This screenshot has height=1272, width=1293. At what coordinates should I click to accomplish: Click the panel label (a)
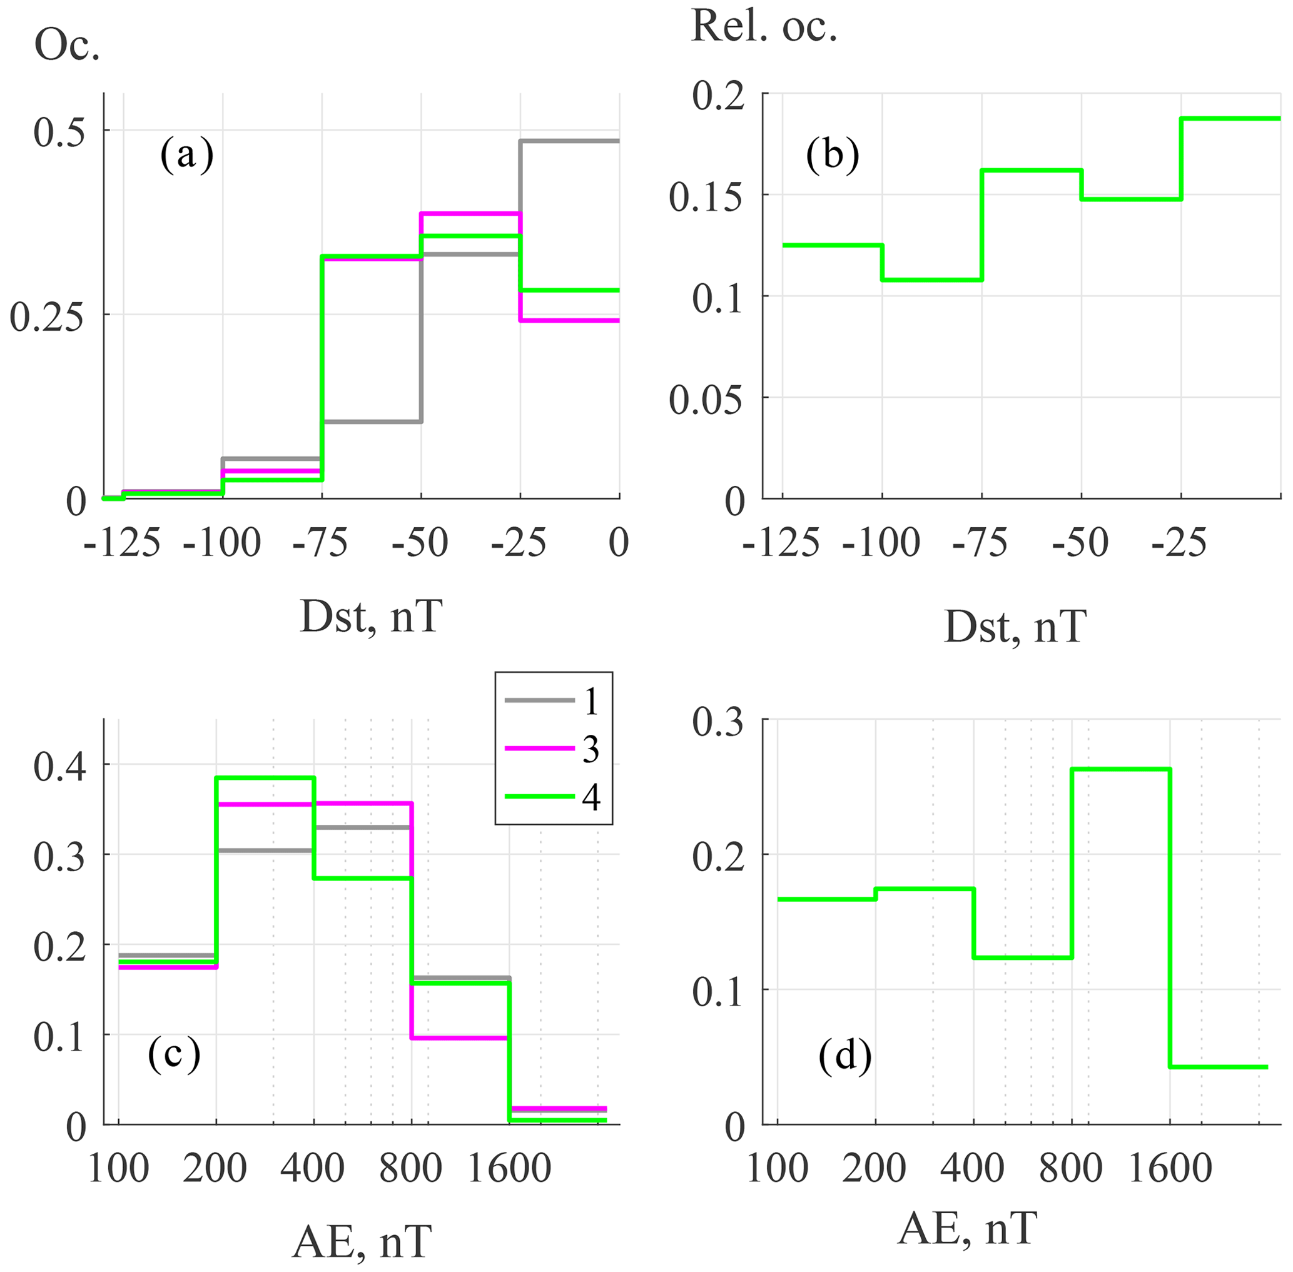coord(186,155)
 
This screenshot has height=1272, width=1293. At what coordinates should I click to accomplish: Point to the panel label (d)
coord(844,1056)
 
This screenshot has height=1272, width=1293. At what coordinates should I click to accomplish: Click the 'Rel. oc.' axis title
coord(764,28)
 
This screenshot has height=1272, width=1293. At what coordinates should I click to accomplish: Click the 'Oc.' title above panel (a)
coord(67,47)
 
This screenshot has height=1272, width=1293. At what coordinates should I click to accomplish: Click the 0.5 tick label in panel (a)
coord(60,131)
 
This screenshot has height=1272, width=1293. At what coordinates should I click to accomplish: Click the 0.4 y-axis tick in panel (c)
coord(60,766)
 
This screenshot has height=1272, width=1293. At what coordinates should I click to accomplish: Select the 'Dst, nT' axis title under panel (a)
coord(371,617)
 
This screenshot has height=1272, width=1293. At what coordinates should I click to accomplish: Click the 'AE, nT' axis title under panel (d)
coord(968,1228)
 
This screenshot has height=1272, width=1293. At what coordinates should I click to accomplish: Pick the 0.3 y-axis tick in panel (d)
coord(718,723)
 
